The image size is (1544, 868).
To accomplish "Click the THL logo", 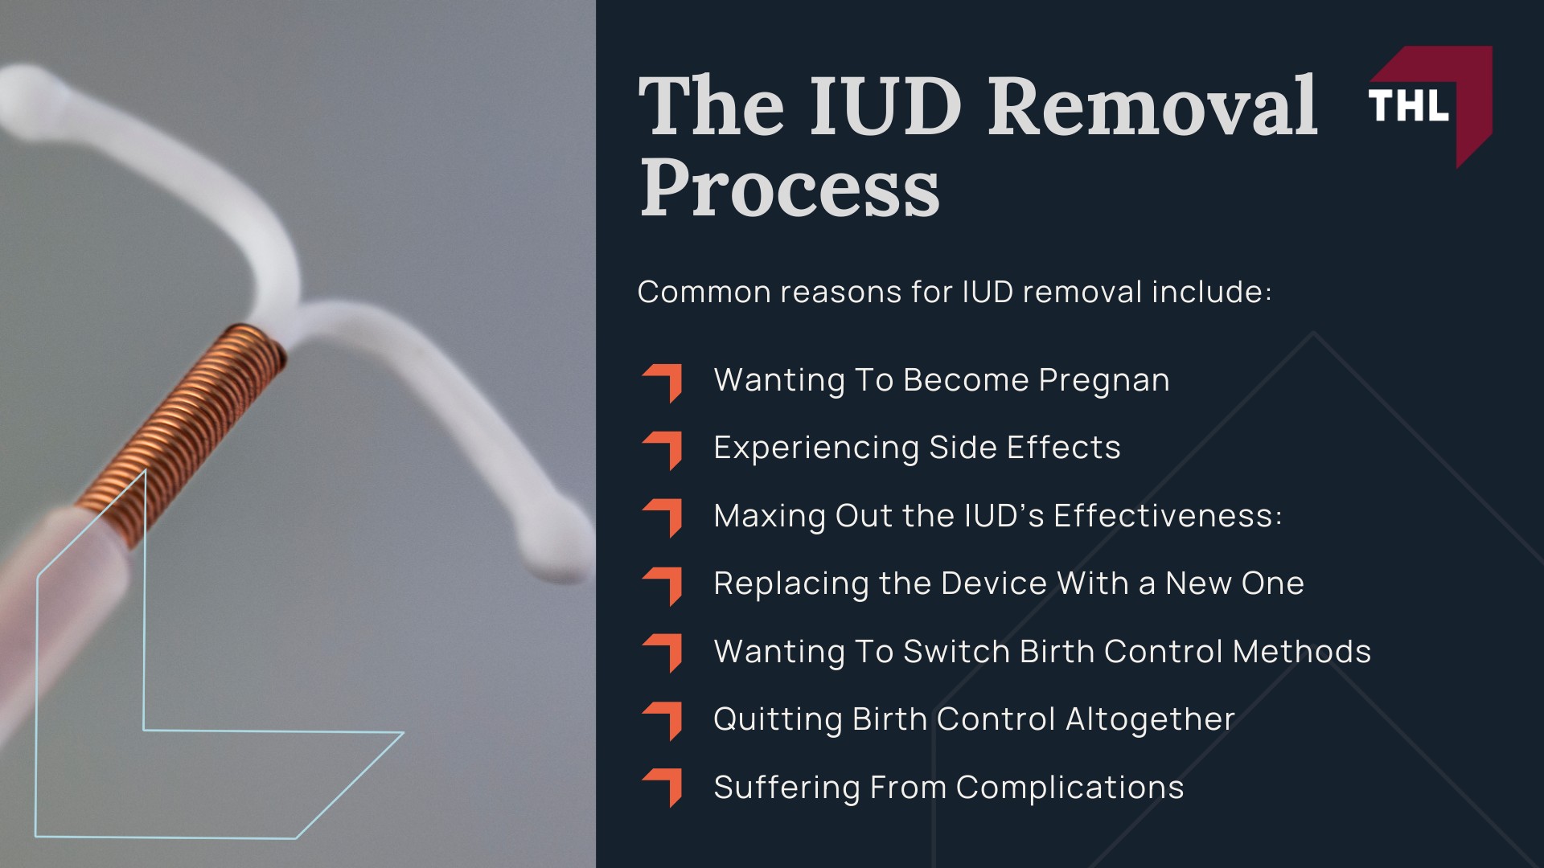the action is (x=1430, y=106).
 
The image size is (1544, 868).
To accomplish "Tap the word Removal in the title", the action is (x=1152, y=105).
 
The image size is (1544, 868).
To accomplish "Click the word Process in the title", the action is (x=789, y=188).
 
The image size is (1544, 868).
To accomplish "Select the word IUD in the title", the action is (x=885, y=105).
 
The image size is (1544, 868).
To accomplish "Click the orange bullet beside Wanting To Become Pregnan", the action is (x=663, y=383).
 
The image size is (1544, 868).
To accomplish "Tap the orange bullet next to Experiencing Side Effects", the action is (x=663, y=450).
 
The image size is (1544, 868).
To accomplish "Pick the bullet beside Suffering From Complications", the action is (x=663, y=788).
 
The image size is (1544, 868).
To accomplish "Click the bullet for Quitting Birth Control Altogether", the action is (x=663, y=721).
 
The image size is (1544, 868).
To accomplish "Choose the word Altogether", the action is (x=1150, y=720).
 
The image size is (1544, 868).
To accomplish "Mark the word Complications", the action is (x=1070, y=788).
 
